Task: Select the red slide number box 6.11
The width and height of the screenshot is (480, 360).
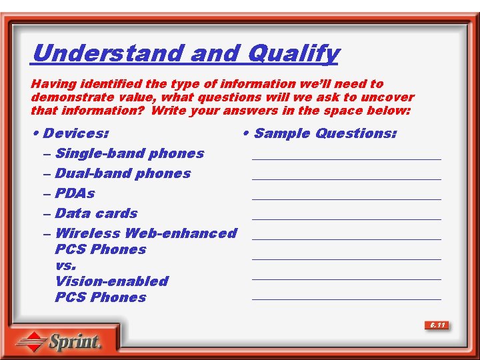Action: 437,325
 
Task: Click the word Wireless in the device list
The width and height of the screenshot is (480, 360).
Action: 87,233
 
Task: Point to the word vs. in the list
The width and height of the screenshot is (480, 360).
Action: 66,265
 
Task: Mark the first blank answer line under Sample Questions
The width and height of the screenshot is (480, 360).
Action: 346,159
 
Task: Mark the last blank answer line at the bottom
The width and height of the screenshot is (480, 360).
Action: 346,299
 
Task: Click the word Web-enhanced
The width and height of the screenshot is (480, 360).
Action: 181,233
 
